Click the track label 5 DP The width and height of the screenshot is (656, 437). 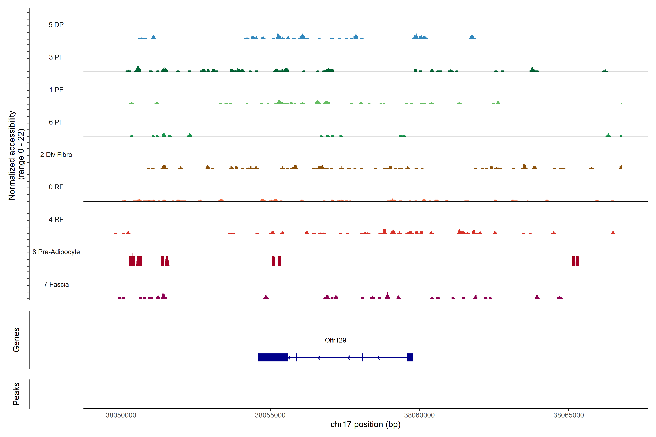click(56, 25)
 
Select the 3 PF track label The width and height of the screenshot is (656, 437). click(56, 57)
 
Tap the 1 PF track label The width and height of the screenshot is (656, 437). click(56, 90)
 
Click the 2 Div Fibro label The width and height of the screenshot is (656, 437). click(56, 155)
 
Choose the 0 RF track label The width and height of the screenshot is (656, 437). click(56, 187)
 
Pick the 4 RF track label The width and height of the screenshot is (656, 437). click(56, 219)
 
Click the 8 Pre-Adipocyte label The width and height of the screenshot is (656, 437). click(56, 252)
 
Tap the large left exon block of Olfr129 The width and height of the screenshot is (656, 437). click(273, 357)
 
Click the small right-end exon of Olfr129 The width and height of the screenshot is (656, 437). click(410, 357)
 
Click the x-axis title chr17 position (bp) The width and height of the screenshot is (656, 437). click(365, 424)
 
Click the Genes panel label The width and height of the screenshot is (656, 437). click(16, 340)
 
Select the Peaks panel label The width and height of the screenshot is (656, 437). click(16, 394)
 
